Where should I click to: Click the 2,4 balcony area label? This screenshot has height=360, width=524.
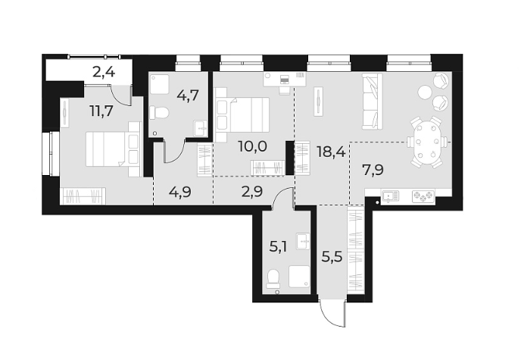point(104,73)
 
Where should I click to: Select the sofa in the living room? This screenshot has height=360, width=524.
point(372,102)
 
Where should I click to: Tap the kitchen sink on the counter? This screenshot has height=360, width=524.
point(390,196)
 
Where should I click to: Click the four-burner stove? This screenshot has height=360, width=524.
point(422,196)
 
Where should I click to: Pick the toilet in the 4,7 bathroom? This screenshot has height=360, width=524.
point(160,113)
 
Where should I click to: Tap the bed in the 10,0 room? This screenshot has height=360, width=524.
point(244,115)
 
